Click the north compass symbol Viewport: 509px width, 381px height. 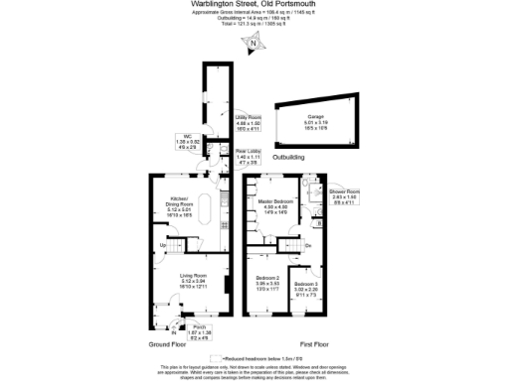(x=254, y=43)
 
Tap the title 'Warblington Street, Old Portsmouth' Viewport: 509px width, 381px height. (x=254, y=5)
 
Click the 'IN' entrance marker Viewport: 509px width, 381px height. (x=174, y=331)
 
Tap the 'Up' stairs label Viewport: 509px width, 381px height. (x=163, y=245)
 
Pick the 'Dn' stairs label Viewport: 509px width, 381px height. (x=307, y=245)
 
